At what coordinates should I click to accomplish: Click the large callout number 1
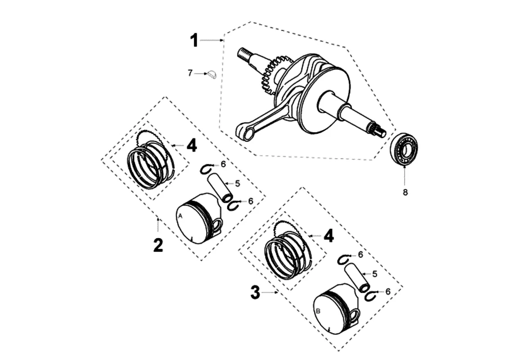coord(194,40)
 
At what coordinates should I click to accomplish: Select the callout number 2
coord(158,245)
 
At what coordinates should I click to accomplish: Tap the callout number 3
coord(255,293)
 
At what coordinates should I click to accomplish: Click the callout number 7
coord(190,72)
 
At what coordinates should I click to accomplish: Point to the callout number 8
coord(405,193)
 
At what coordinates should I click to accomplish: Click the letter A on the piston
coord(180,216)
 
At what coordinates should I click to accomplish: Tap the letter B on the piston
coord(319,311)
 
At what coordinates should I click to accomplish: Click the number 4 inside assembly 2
coord(192,145)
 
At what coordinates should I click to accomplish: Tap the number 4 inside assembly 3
coord(329,235)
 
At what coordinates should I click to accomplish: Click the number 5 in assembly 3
coord(374,273)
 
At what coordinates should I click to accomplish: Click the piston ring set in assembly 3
coord(287,255)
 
